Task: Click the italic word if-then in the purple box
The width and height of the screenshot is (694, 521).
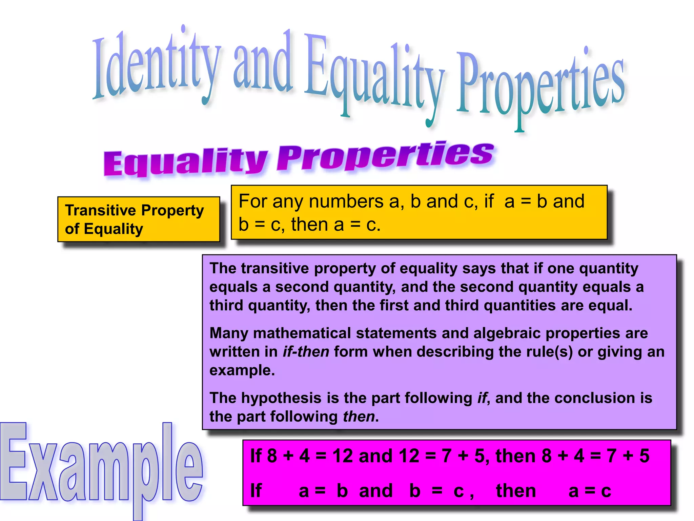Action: [x=306, y=352]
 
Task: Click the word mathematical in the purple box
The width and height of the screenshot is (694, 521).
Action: [x=302, y=333]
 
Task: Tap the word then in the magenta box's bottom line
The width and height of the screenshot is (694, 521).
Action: [x=516, y=491]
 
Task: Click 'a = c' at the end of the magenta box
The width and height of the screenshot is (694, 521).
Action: [x=590, y=491]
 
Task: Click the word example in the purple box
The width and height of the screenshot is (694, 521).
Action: [x=241, y=370]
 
